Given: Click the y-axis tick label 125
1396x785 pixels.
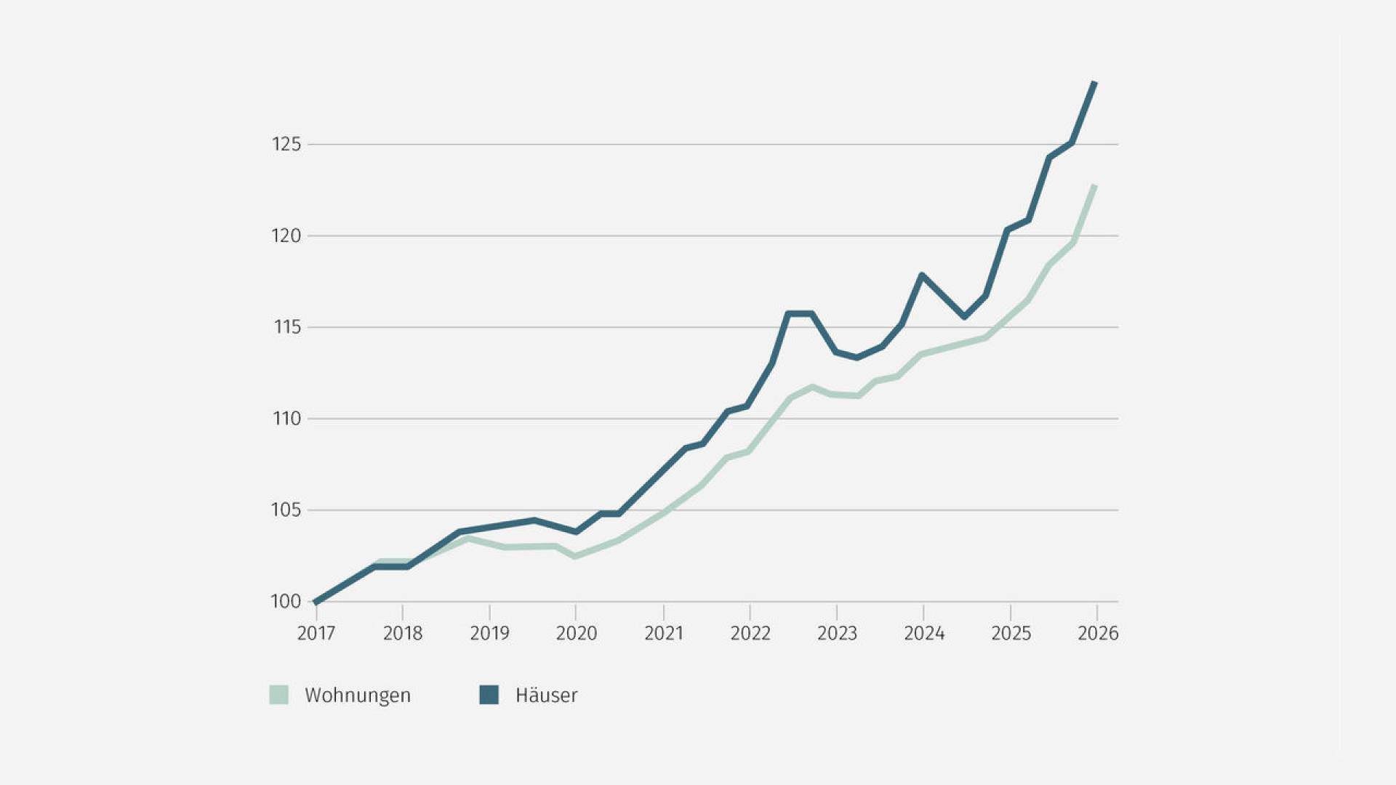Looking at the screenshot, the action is coord(286,144).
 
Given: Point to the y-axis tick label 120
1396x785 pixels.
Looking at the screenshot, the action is coord(286,235).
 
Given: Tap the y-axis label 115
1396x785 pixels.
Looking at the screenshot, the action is coord(287,327).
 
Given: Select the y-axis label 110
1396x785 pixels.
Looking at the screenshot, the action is coord(286,419).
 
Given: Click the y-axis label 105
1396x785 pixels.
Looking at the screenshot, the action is coord(286,510).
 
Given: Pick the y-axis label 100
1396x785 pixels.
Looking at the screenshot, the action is coord(286,601).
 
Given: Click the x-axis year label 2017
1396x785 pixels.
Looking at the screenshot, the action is coord(316,633).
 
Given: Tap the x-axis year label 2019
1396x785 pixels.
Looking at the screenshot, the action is coord(489,633).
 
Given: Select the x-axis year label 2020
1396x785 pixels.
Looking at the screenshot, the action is coord(577,633).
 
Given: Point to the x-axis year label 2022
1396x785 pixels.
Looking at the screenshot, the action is coord(750,633).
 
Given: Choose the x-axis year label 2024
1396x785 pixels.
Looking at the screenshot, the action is coord(924,633).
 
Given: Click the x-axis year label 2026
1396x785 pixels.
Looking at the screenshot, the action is coord(1098,633).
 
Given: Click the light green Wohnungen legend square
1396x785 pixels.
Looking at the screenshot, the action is coord(279,695).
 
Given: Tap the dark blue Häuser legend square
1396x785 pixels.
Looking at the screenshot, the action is coord(489,695).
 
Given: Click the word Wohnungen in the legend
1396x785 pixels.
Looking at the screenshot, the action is coord(358,696).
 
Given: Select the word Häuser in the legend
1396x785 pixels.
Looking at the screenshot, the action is coord(547,695).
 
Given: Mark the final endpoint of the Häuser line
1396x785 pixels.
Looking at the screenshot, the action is coord(1095,83).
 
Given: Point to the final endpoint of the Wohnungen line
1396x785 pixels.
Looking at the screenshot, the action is coord(1094,186).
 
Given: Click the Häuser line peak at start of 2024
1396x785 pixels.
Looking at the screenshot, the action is coord(922,275).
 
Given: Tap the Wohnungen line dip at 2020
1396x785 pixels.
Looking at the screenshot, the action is coord(575,556).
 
